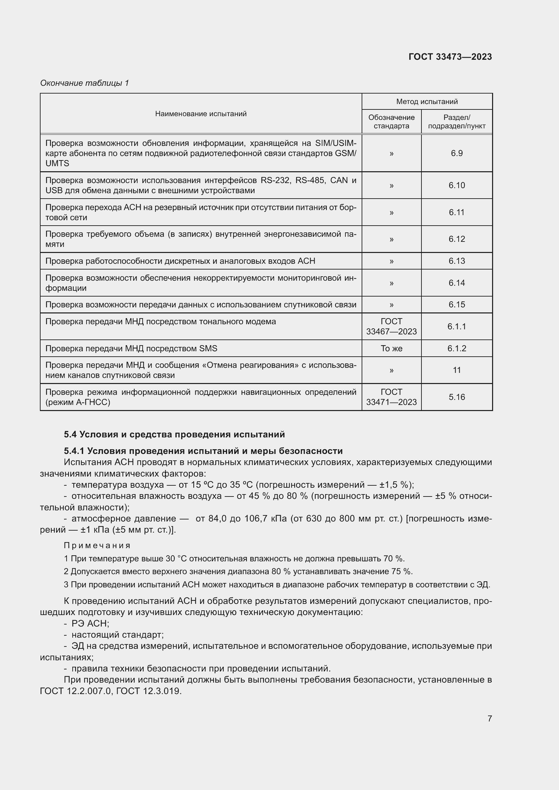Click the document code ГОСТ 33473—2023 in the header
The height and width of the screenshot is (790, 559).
pos(450,57)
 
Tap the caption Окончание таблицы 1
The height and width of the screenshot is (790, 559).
pos(84,83)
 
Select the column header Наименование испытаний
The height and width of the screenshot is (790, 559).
pos(201,114)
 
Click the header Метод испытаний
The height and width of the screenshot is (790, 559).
pos(427,102)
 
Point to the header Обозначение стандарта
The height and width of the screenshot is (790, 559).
pos(391,122)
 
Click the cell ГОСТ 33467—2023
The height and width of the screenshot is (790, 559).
pos(391,326)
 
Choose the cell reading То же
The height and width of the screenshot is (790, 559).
pos(391,348)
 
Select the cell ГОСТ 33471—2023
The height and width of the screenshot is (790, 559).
pos(391,397)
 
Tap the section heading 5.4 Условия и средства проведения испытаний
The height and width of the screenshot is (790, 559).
pos(174,434)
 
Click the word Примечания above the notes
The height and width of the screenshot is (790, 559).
pos(97,545)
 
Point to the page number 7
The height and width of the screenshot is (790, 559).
pos(489,718)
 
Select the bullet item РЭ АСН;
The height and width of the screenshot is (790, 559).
pos(90,623)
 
